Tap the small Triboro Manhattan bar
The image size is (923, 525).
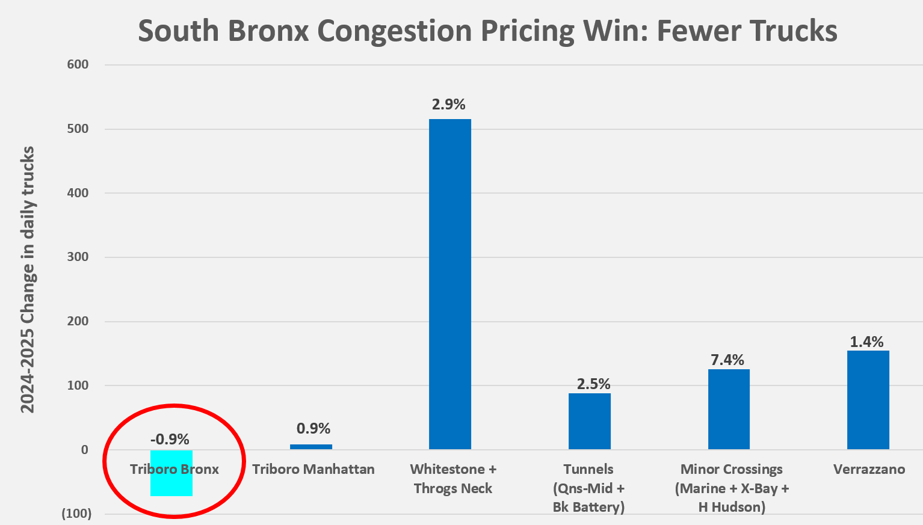pos(311,447)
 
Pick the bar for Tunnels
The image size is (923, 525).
pos(590,421)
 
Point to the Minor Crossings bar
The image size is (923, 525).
pos(729,409)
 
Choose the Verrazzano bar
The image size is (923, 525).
pos(868,400)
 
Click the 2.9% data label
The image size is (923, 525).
pos(449,105)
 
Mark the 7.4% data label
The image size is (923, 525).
pos(727,360)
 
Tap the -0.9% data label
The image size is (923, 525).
pos(170,440)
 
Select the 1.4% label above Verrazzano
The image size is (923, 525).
pos(867,342)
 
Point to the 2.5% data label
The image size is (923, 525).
pos(594,384)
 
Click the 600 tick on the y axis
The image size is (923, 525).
pos(78,64)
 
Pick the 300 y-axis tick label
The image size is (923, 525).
pos(78,257)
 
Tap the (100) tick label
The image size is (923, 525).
pos(76,514)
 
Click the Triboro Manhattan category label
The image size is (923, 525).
pos(313,469)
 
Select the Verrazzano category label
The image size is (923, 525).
pos(869,469)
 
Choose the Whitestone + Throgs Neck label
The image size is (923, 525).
pos(453,479)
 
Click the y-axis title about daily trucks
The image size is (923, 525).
pos(28,279)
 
